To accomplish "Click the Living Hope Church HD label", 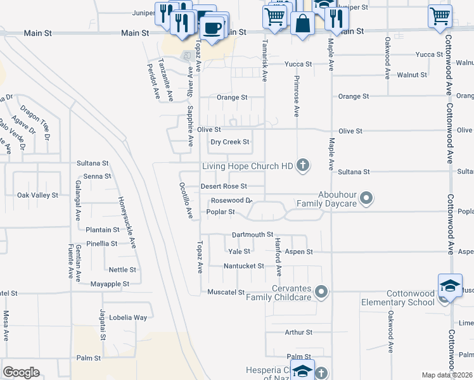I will click(x=247, y=167).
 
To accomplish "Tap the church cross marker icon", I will click(x=303, y=166).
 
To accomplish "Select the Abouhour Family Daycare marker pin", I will click(x=366, y=199).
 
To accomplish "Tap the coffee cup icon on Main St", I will click(x=212, y=28).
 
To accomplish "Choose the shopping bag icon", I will click(x=302, y=25).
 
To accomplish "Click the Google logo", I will click(x=21, y=372).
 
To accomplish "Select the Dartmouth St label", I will click(x=252, y=234).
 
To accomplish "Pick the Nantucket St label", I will click(x=243, y=266).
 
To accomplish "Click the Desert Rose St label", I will click(x=223, y=186).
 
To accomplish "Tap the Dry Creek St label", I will click(x=230, y=142).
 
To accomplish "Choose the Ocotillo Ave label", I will click(x=186, y=201).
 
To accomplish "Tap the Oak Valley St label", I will click(x=37, y=195).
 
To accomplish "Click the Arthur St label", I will click(x=298, y=332).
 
